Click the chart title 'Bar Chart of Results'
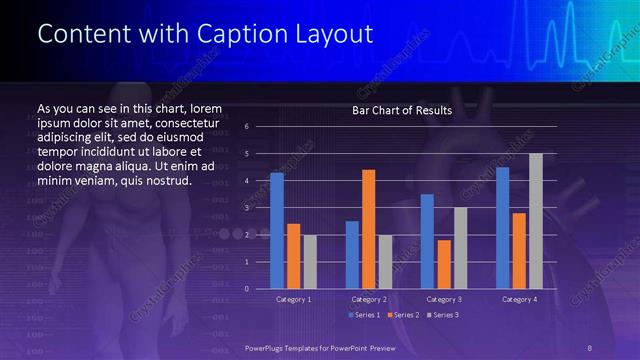(402, 110)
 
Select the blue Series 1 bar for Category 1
(277, 230)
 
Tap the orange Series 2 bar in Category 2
(368, 229)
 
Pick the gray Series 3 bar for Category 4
(536, 220)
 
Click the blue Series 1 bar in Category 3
(427, 241)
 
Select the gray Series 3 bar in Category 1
(310, 261)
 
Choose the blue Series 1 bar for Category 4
(502, 227)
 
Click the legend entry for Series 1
(364, 315)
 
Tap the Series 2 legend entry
(402, 315)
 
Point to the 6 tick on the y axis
(247, 127)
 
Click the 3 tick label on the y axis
(247, 208)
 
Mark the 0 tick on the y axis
(247, 289)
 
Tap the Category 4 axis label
(519, 299)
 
